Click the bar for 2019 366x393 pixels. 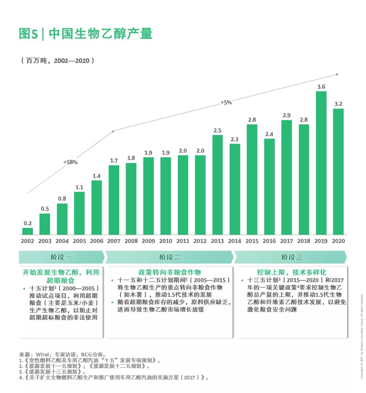coord(321,163)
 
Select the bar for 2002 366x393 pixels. coord(28,231)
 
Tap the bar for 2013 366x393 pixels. coord(218,185)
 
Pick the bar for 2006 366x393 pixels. coord(97,207)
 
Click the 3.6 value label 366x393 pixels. coord(321,87)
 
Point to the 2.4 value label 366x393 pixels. coord(269,134)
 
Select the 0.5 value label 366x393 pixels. coord(45,209)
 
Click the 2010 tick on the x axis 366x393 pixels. coord(166,241)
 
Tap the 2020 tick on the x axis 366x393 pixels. coord(338,241)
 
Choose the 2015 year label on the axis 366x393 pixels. coord(252,241)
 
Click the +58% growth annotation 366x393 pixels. coord(70,162)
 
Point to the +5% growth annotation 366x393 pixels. coord(226,102)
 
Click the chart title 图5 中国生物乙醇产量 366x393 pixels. coord(86,34)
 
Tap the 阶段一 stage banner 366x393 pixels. coord(61,257)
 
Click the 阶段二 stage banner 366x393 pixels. coord(169,257)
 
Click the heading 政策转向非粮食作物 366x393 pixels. coord(169,272)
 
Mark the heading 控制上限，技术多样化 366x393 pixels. coord(291,272)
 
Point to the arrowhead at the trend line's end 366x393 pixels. coord(337,74)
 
